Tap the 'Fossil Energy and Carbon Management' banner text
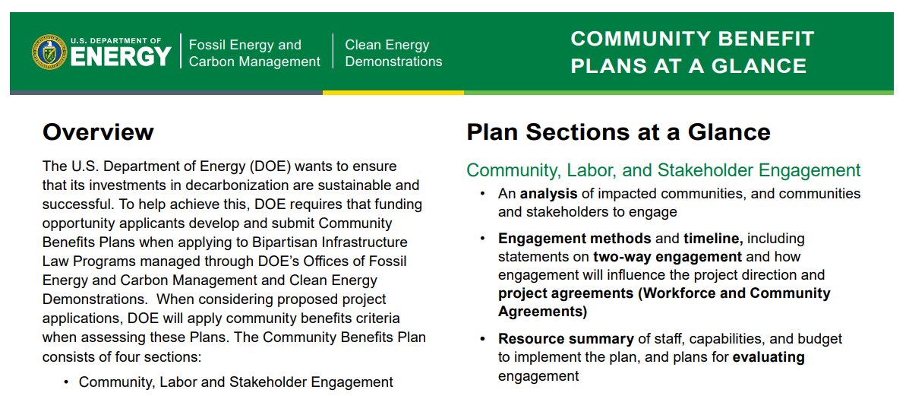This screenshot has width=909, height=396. (x=254, y=53)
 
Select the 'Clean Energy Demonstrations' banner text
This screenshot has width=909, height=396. (x=393, y=53)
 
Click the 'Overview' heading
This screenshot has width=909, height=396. (x=98, y=132)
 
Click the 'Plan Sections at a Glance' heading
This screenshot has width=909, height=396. (x=618, y=132)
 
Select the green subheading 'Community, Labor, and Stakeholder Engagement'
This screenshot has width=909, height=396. (x=663, y=170)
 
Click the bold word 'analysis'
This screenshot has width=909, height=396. (x=548, y=194)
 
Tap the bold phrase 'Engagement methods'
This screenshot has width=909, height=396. (x=574, y=239)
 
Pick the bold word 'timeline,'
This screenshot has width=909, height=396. (x=713, y=239)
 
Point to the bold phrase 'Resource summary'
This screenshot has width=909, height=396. (x=566, y=339)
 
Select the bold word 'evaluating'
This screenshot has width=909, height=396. (x=769, y=357)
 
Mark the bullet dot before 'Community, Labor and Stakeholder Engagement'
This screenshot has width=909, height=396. (x=66, y=382)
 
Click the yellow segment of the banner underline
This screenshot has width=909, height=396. (x=393, y=93)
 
